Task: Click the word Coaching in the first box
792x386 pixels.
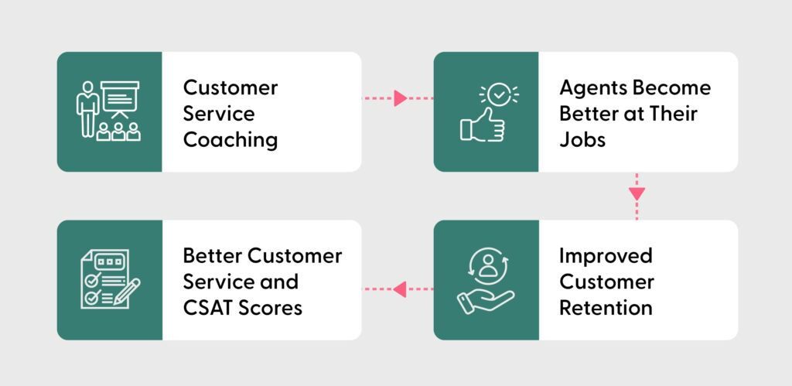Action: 230,140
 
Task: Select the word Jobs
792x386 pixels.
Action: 582,140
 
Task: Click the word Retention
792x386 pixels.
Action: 606,307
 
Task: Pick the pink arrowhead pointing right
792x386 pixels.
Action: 400,98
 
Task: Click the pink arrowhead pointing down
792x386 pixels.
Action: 637,193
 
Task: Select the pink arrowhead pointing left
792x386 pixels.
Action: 399,289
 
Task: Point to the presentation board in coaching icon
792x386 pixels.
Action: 119,97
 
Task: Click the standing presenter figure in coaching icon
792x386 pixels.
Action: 85,109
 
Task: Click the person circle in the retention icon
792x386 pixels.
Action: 487,265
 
